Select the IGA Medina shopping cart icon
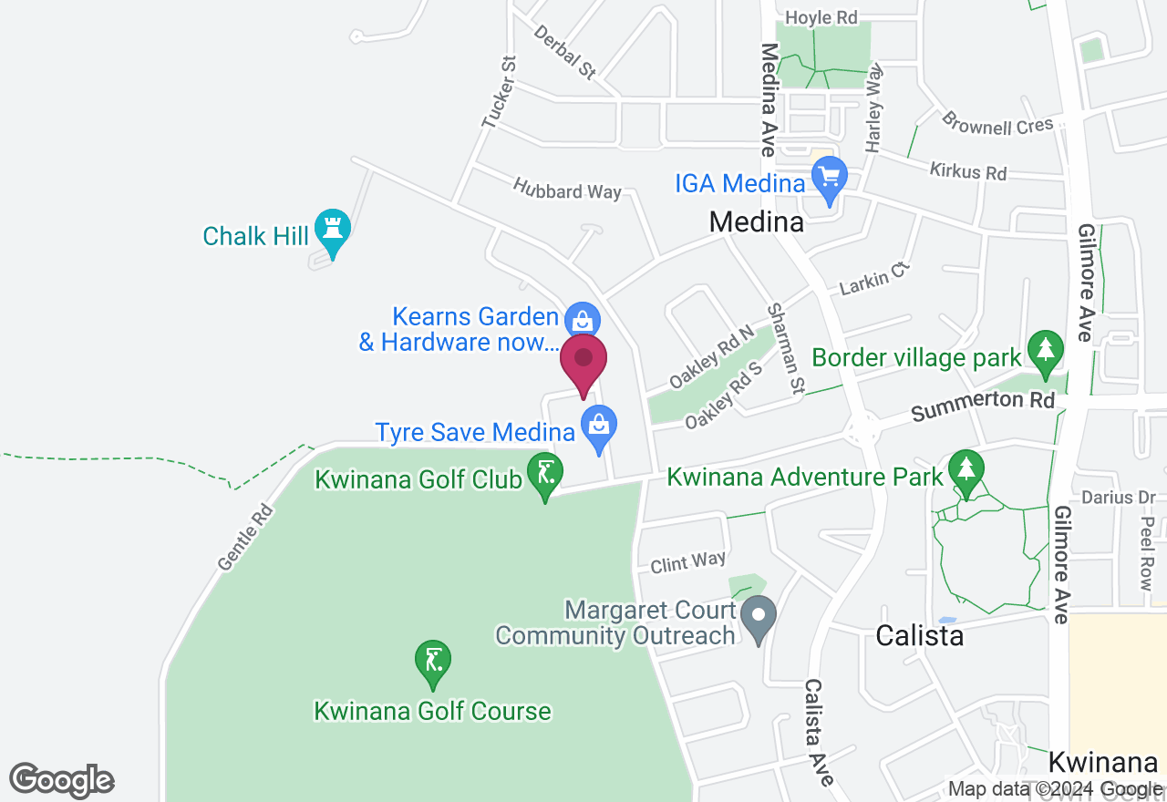(x=829, y=178)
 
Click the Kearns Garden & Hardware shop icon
(x=581, y=320)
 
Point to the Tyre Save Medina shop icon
(x=599, y=427)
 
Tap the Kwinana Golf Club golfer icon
(x=545, y=474)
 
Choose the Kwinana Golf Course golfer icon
(x=433, y=661)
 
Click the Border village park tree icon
(x=1045, y=351)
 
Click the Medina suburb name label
(x=757, y=221)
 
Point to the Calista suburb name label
(x=919, y=634)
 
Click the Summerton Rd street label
(x=982, y=406)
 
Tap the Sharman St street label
(x=786, y=348)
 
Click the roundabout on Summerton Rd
(x=862, y=431)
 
